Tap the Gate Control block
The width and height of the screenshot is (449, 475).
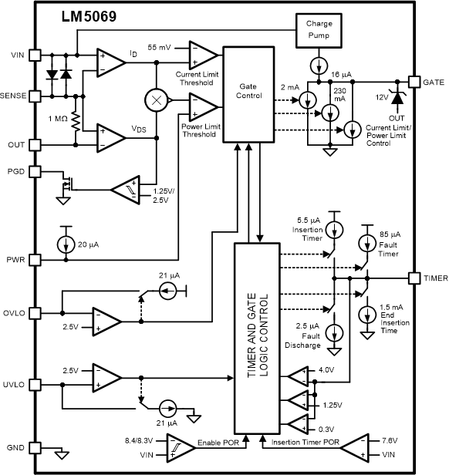[248, 94]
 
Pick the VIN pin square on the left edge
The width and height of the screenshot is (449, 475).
[34, 55]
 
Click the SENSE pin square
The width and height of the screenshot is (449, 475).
[34, 98]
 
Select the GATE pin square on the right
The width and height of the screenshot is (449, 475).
[415, 81]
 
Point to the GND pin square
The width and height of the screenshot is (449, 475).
[34, 446]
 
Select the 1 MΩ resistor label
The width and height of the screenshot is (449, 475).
[59, 119]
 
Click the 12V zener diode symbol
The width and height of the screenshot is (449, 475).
[399, 96]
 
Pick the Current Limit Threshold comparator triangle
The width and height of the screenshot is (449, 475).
[202, 52]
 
